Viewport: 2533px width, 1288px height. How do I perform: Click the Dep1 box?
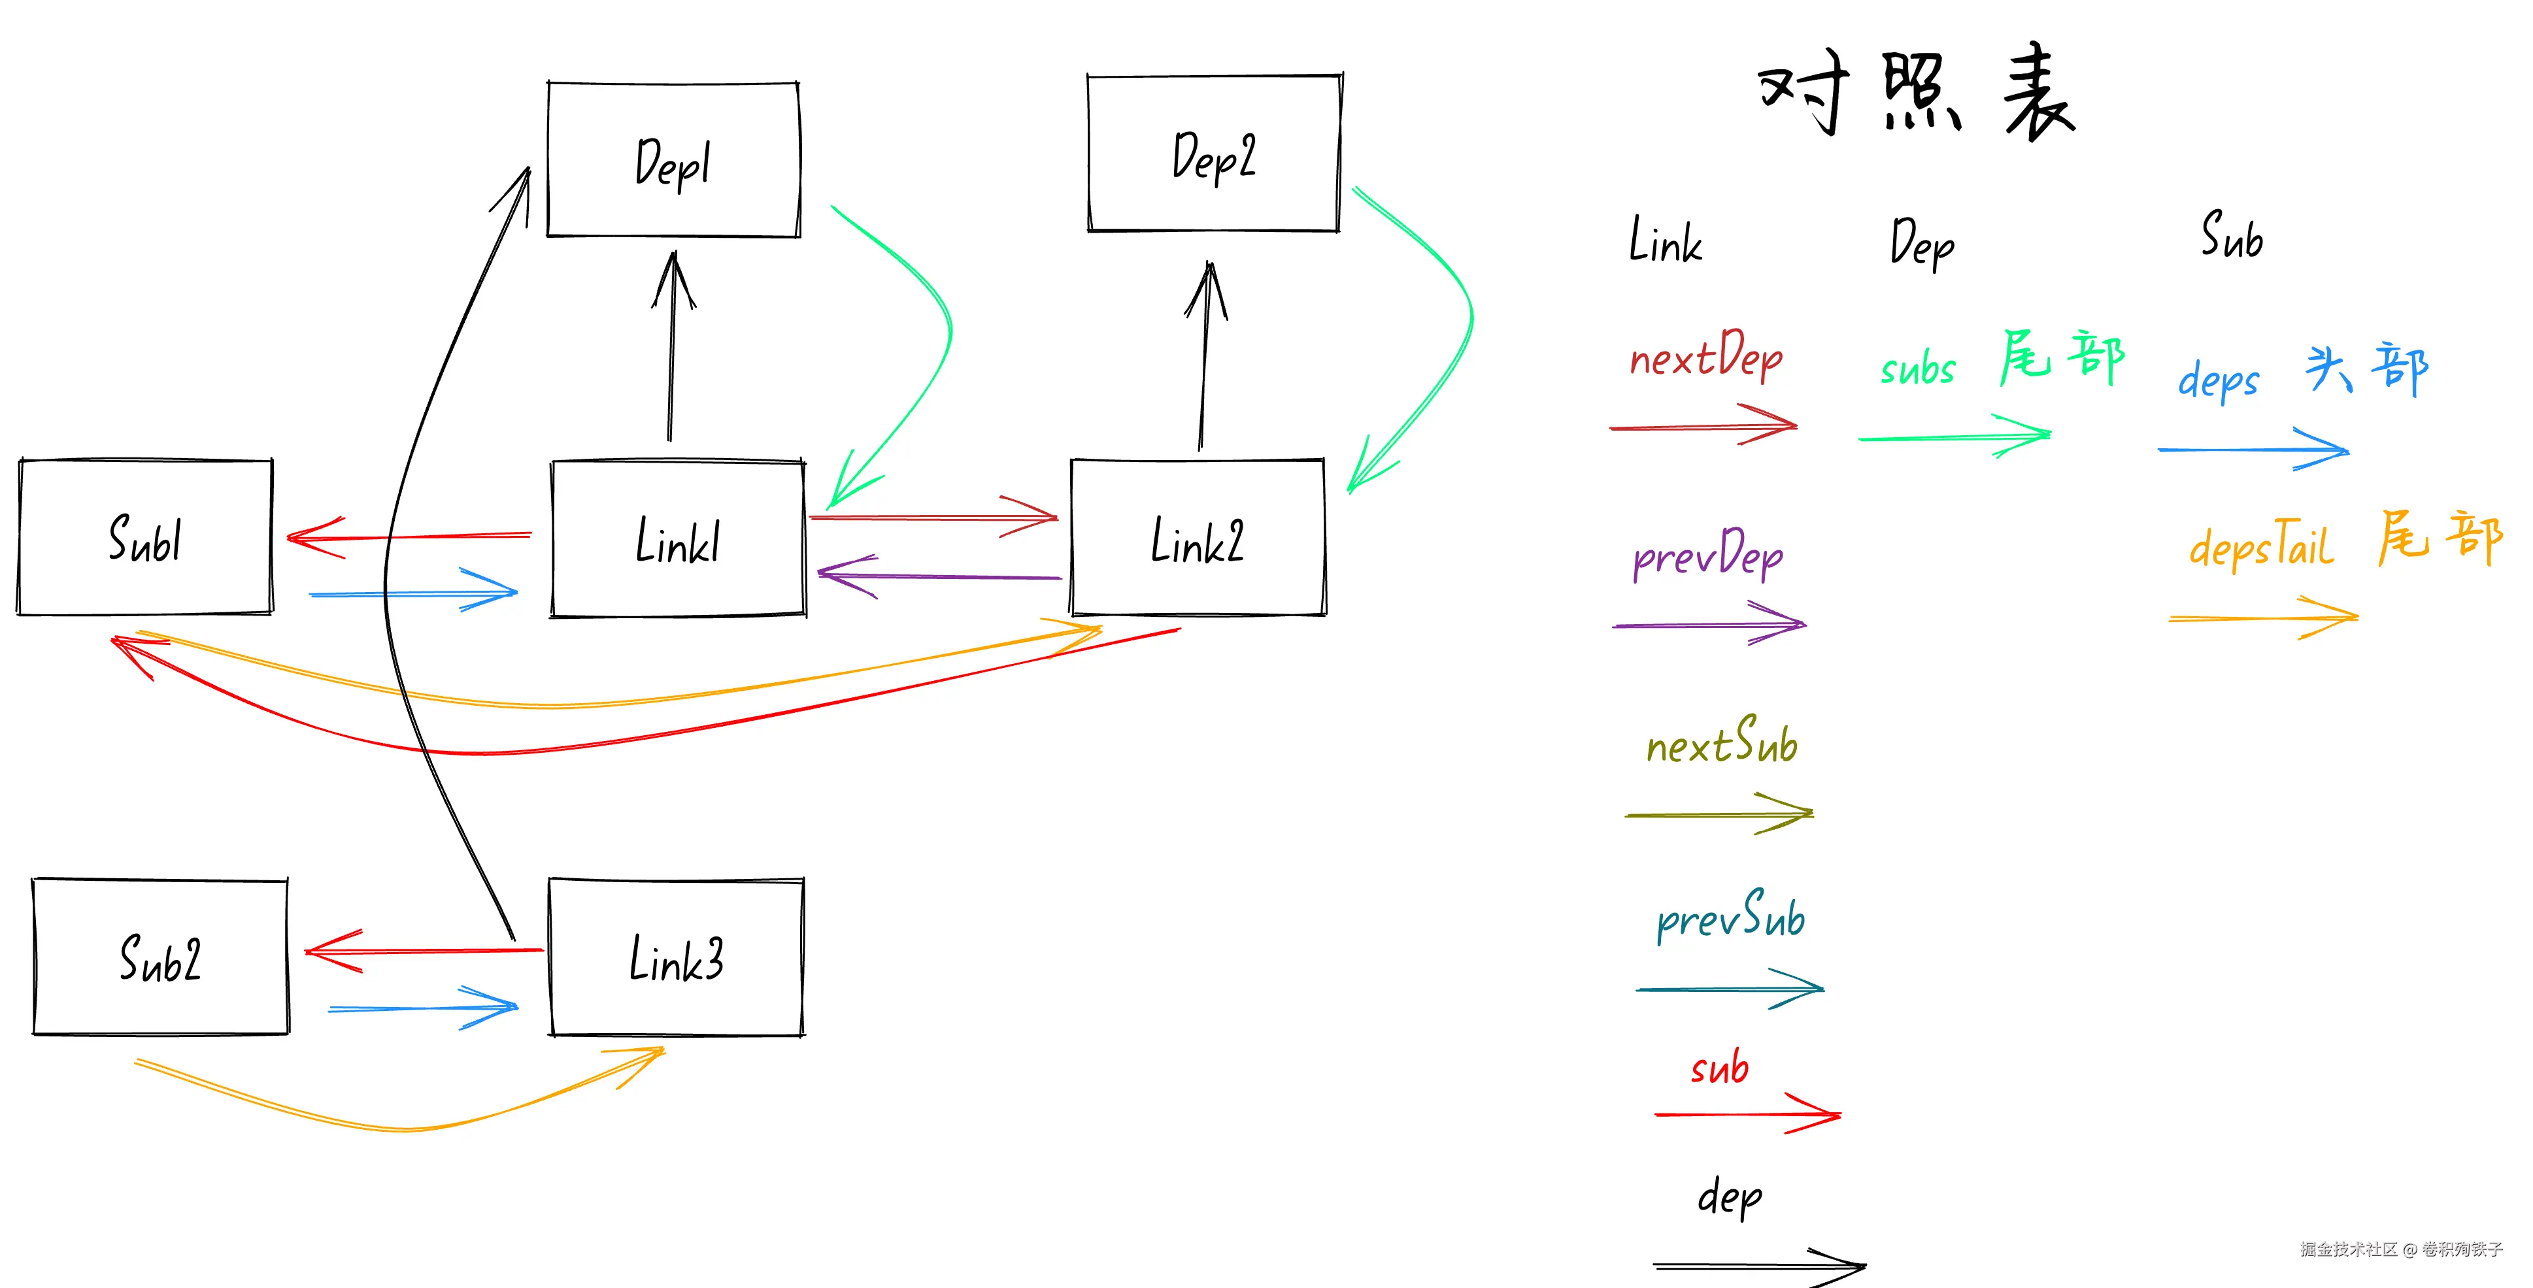point(673,159)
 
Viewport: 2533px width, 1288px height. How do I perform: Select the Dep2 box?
point(1215,154)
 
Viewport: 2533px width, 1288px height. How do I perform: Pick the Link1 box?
point(679,539)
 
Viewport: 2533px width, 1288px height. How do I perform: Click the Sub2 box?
point(160,957)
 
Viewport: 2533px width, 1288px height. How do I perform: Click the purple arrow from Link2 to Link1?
point(939,576)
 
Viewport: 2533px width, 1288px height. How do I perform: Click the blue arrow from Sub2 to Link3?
point(423,1008)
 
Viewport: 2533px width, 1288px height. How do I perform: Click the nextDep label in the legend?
point(1706,356)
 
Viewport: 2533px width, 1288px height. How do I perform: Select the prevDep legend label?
point(1708,555)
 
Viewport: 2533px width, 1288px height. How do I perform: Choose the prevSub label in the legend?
point(1731,918)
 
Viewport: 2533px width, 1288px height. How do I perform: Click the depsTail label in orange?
point(2260,546)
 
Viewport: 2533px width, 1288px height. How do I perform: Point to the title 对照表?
point(1917,93)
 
